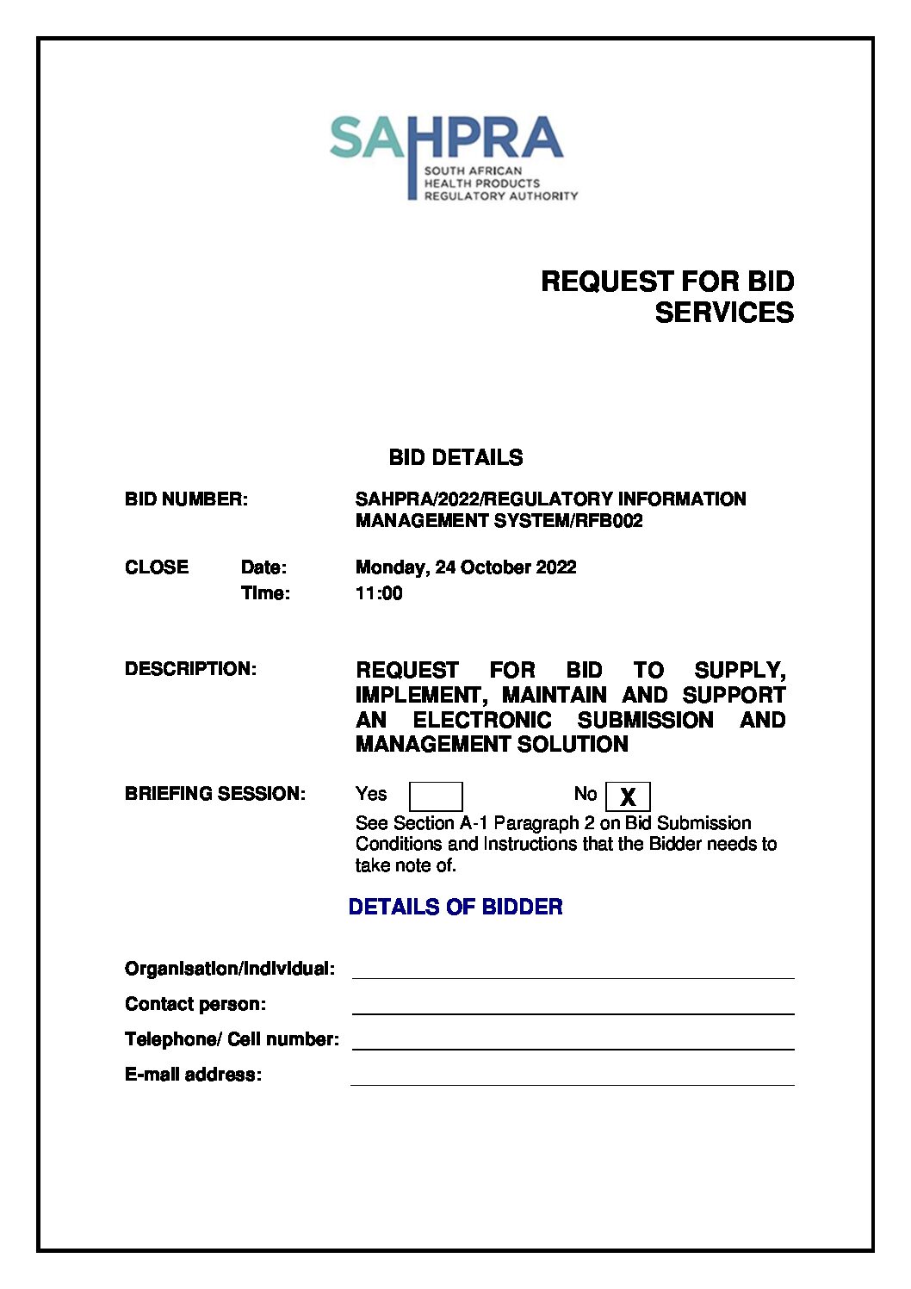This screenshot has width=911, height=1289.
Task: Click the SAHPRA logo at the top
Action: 452,158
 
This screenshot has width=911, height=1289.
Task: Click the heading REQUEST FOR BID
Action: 666,282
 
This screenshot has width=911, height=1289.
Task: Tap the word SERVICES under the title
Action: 723,313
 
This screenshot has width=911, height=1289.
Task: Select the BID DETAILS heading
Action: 455,457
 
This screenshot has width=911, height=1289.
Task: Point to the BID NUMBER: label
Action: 186,499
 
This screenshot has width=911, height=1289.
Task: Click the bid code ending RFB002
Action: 499,521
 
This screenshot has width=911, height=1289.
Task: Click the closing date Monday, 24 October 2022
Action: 466,567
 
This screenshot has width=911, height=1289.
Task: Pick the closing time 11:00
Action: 379,593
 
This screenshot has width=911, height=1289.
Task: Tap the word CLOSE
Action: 157,567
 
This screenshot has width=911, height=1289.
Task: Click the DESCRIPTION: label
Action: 190,669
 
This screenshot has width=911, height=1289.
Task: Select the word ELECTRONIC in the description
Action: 482,720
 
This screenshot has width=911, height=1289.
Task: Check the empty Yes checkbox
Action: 436,796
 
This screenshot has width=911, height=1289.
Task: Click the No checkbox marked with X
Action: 628,796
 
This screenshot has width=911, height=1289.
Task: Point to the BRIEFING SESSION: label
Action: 215,794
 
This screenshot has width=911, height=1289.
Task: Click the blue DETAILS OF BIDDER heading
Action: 455,907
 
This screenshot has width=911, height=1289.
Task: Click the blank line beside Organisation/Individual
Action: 573,970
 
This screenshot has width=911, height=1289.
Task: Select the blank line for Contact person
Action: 573,1005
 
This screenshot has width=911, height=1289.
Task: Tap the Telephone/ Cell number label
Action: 232,1039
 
